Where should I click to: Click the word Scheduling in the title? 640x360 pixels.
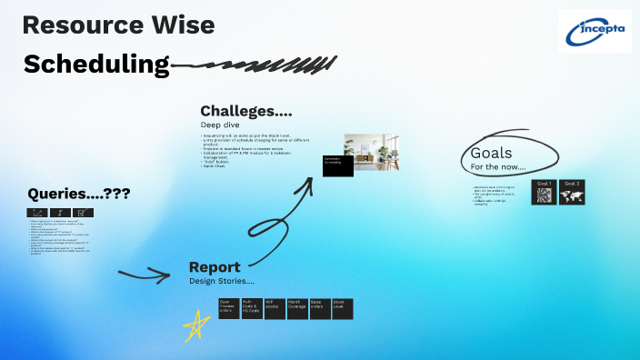(96, 64)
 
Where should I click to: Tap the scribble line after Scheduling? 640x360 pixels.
(255, 65)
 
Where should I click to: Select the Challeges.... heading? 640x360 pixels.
(246, 111)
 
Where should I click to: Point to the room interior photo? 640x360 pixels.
(373, 151)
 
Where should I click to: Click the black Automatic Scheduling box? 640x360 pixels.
(338, 165)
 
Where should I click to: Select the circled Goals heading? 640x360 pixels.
(491, 154)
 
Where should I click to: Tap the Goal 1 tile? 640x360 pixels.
(544, 192)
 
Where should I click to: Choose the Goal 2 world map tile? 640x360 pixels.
(572, 192)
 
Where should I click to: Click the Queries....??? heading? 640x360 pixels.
(78, 193)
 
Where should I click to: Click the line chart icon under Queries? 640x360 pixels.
(38, 213)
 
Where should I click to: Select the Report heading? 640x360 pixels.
(215, 267)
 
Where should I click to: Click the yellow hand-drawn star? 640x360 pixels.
(194, 325)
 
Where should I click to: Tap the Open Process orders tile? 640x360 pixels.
(228, 309)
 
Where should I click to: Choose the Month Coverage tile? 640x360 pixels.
(297, 309)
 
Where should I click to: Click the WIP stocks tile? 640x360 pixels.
(275, 309)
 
